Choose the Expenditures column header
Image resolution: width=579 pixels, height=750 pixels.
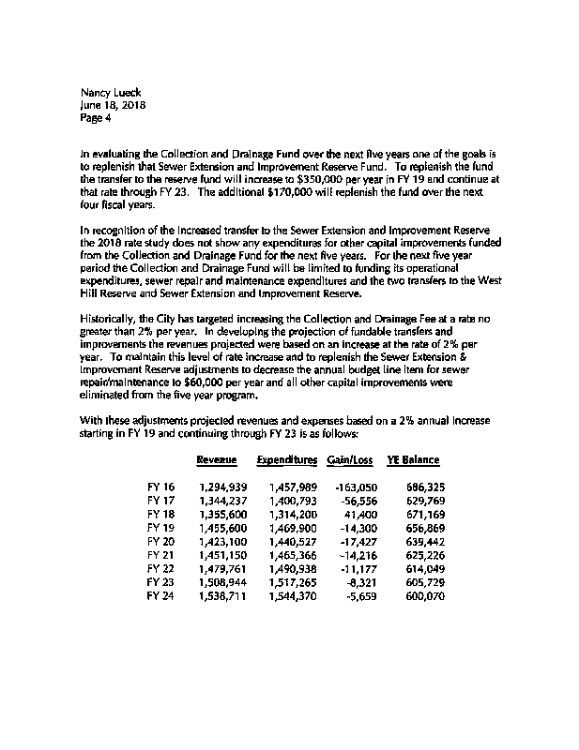point(286,460)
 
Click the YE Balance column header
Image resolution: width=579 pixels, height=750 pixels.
point(413,460)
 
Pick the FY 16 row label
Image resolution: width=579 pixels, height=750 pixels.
point(161,488)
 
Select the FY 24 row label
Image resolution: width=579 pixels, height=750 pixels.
point(161,597)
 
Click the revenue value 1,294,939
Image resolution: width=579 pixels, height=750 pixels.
point(222,488)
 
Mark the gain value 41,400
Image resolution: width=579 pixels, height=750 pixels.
point(360,516)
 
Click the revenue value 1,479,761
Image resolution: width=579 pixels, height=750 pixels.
point(222,570)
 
